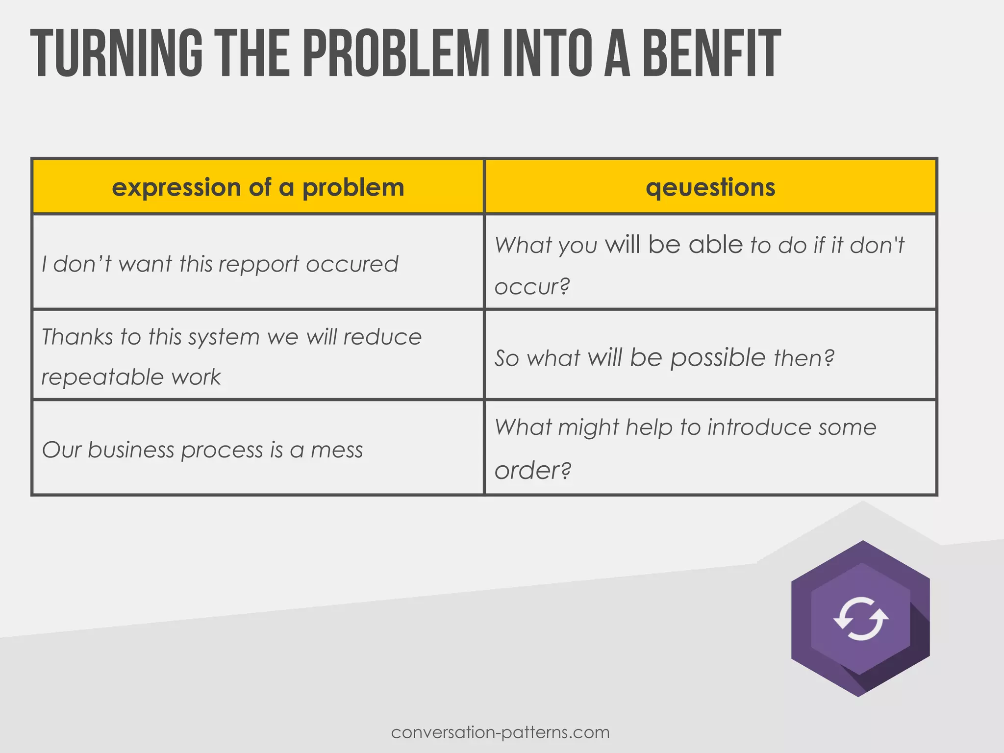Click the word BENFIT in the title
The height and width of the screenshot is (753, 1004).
[711, 54]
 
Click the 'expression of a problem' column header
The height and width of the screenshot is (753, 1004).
[258, 187]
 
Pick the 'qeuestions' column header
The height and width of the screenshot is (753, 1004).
[710, 187]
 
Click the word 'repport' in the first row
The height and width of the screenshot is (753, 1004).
[259, 264]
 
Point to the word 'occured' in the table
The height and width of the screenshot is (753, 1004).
[352, 264]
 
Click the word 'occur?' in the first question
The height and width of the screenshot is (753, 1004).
[532, 286]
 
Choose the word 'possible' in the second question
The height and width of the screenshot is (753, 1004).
[718, 358]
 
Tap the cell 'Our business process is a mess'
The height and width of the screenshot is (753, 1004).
[202, 450]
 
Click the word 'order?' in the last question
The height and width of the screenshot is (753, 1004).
[533, 470]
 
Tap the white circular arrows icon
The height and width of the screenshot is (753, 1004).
[861, 619]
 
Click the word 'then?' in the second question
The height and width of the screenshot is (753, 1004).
[804, 358]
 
